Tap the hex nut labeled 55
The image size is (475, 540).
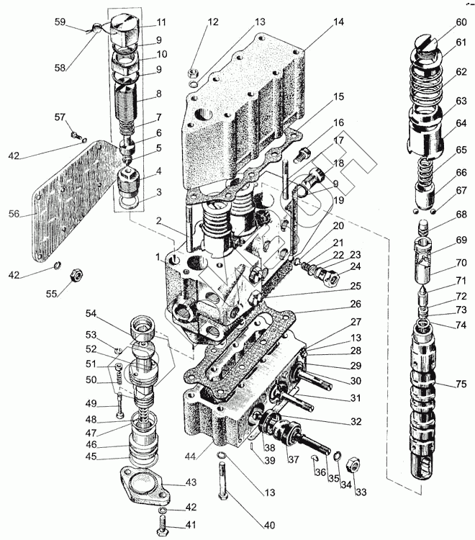(74, 276)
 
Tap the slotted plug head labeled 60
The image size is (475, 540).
(426, 46)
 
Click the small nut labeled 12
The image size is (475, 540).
(193, 73)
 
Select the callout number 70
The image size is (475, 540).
(461, 263)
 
